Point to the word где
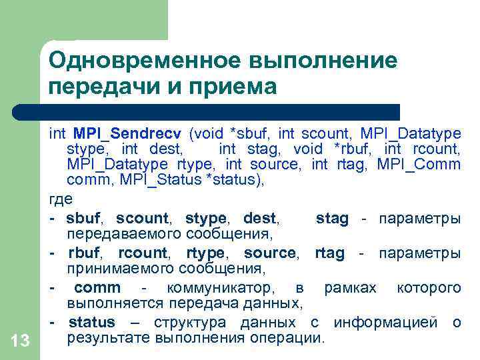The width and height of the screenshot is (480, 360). pyautogui.click(x=61, y=199)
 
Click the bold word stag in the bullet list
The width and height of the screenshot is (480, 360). pyautogui.click(x=331, y=217)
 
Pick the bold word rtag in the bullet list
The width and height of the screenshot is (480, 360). pyautogui.click(x=330, y=253)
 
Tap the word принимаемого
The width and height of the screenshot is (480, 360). pyautogui.click(x=109, y=269)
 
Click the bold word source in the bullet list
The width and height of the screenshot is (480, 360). pyautogui.click(x=269, y=253)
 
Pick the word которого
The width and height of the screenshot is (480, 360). pyautogui.click(x=429, y=288)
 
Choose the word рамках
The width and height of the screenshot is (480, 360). pyautogui.click(x=350, y=288)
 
